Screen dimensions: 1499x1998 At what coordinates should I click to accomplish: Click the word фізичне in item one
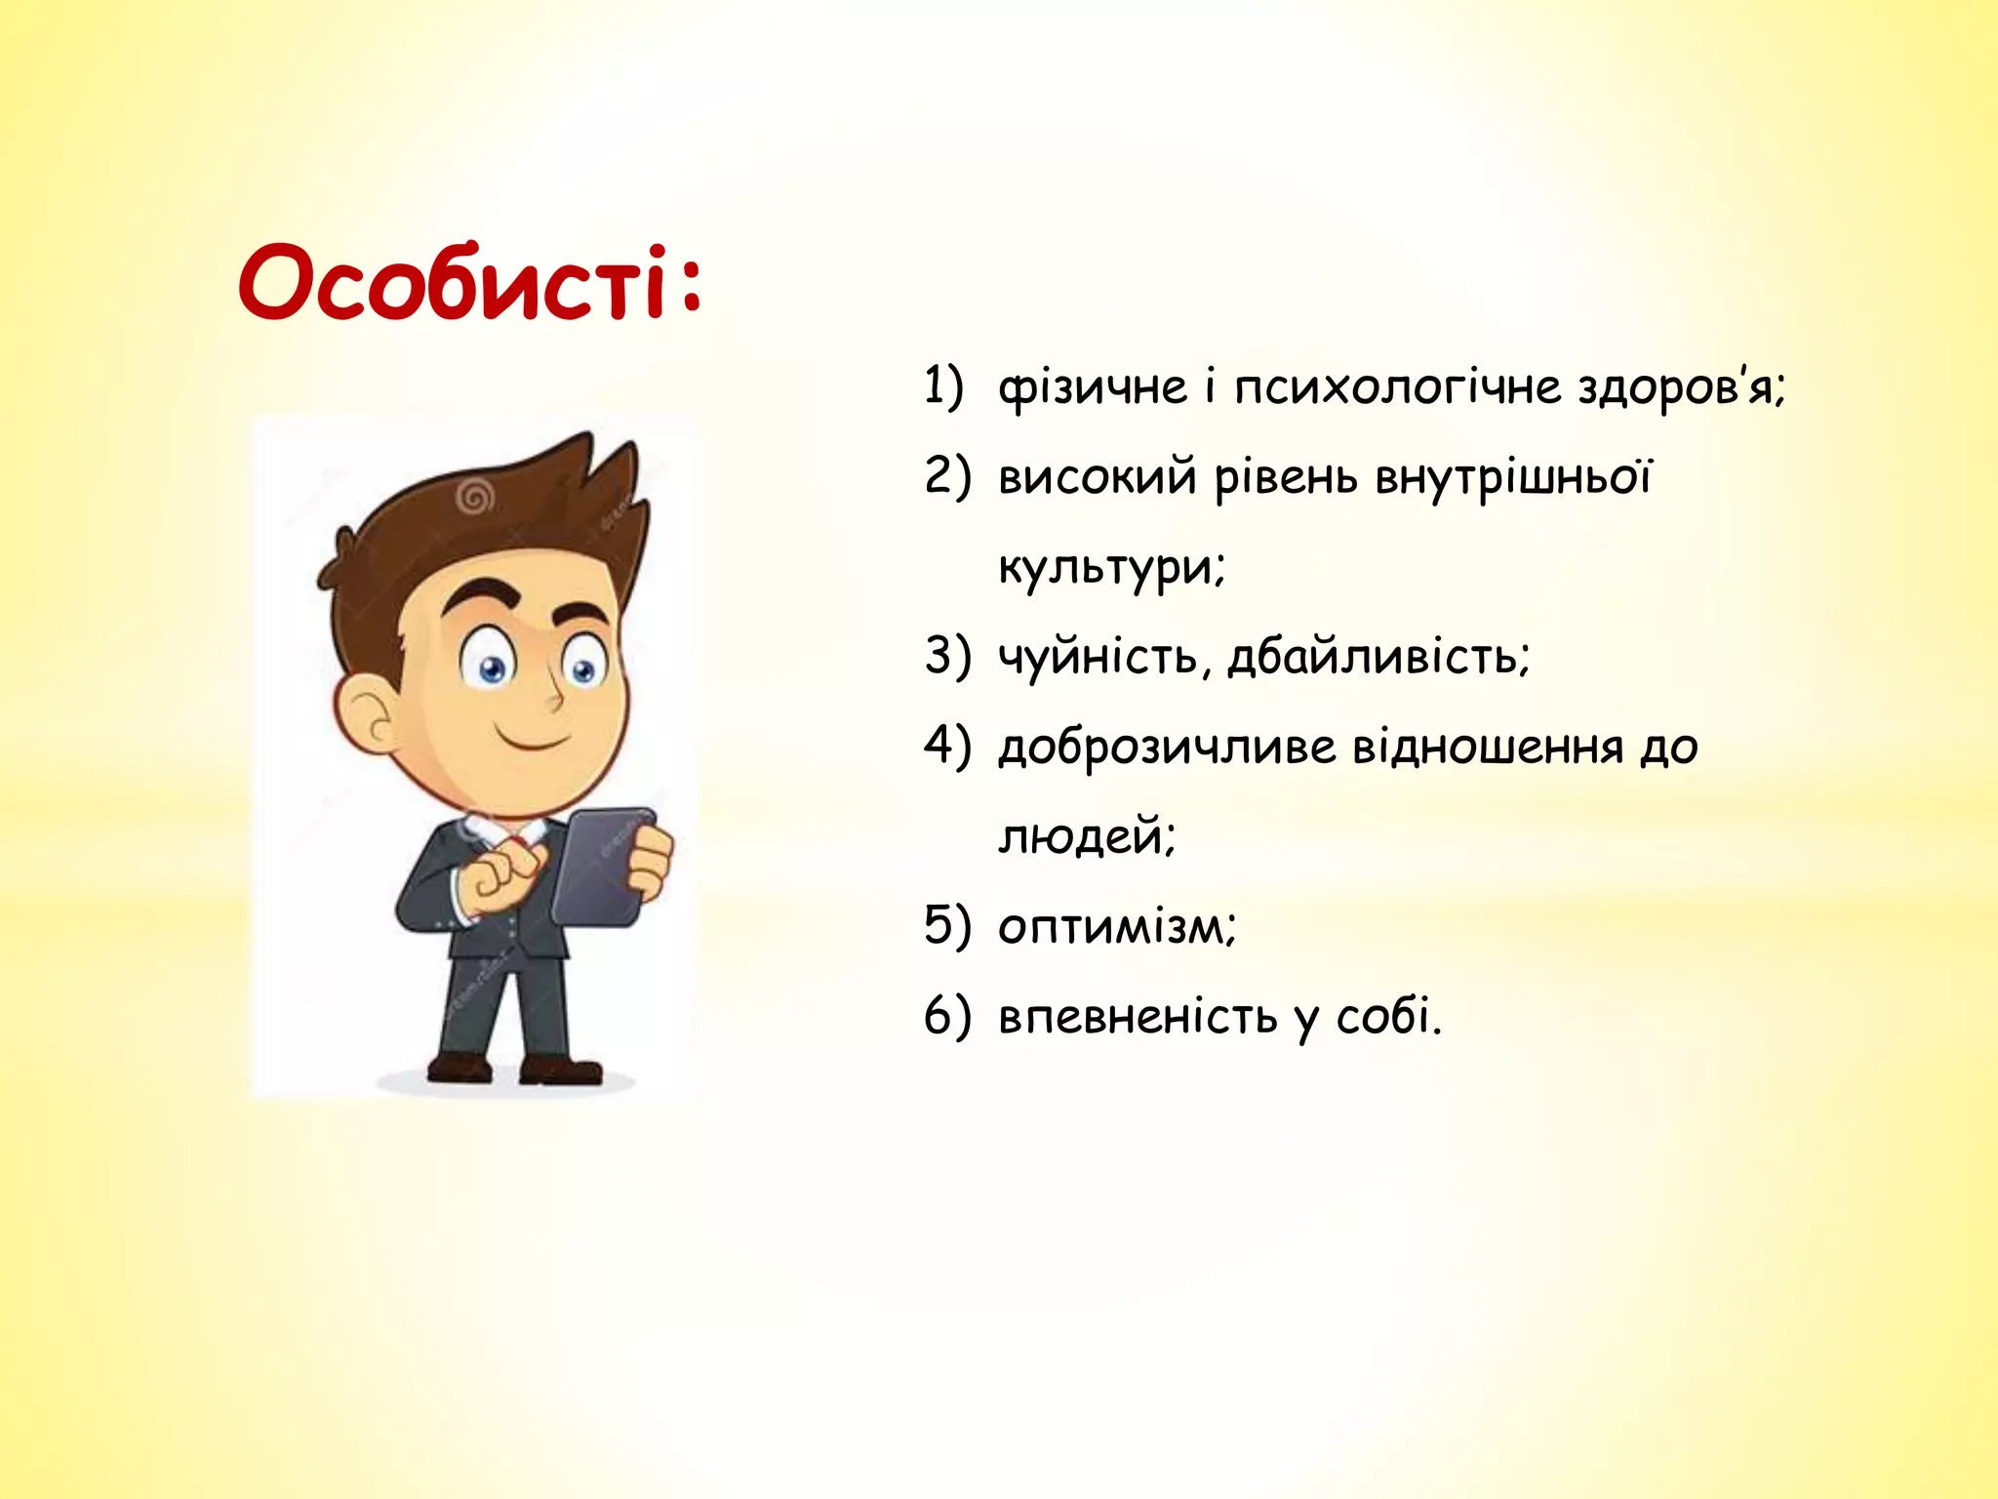1092,388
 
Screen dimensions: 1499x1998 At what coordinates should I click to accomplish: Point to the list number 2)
947,476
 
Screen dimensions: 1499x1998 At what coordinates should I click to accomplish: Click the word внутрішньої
1513,478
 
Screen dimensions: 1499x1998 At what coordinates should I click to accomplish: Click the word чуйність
1098,656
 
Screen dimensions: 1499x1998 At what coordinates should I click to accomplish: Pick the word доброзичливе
1168,748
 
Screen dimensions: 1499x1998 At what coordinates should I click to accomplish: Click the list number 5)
947,925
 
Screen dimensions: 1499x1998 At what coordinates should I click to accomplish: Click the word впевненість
1138,1017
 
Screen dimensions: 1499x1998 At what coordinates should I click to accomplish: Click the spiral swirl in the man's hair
475,500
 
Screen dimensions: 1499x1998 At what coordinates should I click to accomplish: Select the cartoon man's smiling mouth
533,739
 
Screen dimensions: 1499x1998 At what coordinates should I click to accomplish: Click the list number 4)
947,747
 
